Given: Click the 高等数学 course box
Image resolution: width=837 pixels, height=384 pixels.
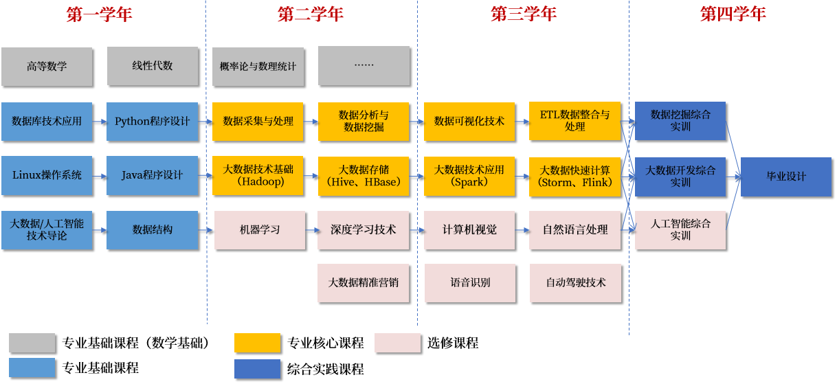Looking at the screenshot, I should point(47,67).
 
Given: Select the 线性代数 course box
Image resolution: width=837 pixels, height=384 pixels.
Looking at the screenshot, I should point(153,66).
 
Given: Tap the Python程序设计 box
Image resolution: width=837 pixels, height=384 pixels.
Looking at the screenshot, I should point(153,122).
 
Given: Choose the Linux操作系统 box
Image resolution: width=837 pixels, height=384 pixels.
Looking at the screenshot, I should point(47,175).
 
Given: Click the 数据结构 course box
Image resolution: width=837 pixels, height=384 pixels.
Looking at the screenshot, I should point(153,229).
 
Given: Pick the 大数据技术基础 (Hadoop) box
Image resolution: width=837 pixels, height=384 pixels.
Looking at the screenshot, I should point(258,175).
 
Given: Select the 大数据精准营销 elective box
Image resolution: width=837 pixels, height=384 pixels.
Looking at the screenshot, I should point(364,282).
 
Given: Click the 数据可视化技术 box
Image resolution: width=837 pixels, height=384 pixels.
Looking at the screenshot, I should point(469,122).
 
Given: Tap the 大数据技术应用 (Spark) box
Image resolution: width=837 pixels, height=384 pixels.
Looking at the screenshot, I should point(469,175).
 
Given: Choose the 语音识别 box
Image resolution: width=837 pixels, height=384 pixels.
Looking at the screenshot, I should point(469,282).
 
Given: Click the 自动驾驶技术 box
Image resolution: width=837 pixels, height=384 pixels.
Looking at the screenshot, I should point(575,282).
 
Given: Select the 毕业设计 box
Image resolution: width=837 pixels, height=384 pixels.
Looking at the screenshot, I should point(786,177).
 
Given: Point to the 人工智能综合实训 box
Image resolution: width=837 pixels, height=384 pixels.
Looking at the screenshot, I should point(680,229).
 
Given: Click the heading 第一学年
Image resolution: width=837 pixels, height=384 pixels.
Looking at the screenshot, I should point(99,14).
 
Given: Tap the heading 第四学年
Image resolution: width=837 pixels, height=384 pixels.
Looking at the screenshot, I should point(733,14).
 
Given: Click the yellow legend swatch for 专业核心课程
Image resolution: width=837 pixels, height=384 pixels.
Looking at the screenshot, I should point(257,343).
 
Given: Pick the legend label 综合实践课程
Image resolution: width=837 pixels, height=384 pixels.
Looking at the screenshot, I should point(325,369).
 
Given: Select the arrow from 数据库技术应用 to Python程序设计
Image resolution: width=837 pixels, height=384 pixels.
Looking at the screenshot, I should point(100,122).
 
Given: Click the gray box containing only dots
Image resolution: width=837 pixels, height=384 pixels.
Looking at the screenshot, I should point(364,66).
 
